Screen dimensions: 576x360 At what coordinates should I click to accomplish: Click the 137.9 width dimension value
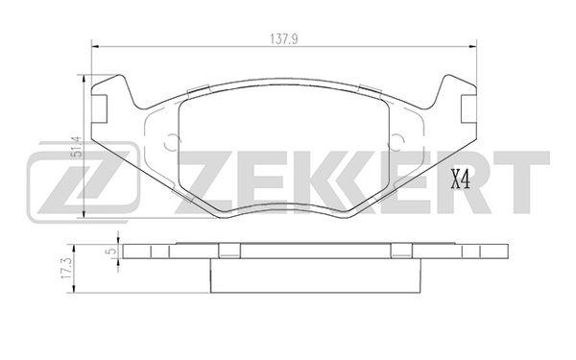284,39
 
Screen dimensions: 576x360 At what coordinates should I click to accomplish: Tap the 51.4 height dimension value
77,147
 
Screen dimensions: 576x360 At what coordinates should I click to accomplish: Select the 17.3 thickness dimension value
65,269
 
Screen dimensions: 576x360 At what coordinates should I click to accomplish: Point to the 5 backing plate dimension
112,252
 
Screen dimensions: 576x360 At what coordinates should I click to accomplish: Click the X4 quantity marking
460,180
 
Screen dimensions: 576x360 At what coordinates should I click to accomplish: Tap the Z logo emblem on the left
84,182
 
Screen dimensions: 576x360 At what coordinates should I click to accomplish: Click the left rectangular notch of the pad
99,108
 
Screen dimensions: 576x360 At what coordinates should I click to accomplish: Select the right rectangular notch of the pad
468,108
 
